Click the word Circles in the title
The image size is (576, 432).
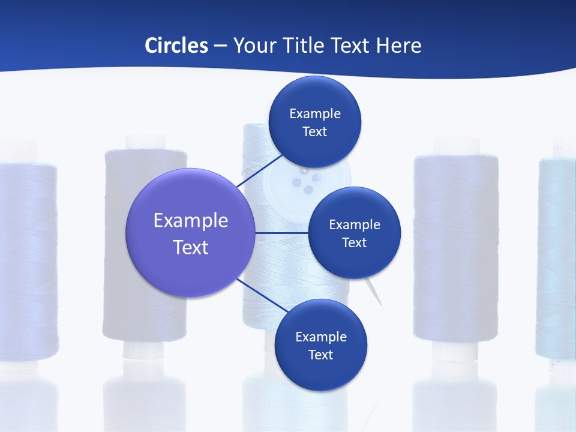coord(176,45)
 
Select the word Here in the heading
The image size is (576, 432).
coord(399,45)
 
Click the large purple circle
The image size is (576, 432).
coord(190,233)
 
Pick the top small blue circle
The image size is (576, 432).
coord(314,122)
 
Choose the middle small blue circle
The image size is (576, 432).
coord(354,233)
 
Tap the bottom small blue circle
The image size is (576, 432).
coord(320,345)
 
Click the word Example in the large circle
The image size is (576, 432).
coord(190,220)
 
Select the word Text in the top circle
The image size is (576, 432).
coord(314,131)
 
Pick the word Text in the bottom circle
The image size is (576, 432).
coord(320,355)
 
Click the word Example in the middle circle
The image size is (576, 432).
coord(354,224)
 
